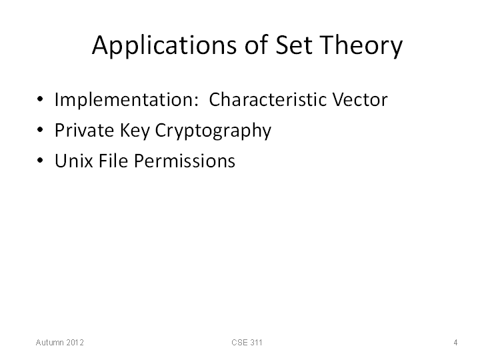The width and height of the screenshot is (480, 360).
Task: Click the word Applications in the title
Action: [x=165, y=45]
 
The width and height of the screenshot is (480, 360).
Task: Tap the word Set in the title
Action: [x=294, y=45]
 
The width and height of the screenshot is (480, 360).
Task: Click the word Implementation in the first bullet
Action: [x=127, y=99]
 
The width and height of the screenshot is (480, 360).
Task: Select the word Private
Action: [x=85, y=130]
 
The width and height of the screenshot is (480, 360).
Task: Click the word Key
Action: [x=135, y=131]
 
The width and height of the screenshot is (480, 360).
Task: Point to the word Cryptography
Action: [x=213, y=131]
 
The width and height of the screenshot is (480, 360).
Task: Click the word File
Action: [x=113, y=161]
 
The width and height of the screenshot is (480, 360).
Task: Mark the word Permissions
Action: [x=185, y=161]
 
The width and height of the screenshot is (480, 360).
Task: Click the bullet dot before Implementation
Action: [x=40, y=99]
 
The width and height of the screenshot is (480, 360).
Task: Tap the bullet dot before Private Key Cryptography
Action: [x=40, y=129]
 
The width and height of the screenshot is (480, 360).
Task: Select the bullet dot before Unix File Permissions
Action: [x=40, y=160]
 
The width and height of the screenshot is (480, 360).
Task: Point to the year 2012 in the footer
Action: [x=75, y=342]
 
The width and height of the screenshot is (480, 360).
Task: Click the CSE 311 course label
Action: [x=247, y=342]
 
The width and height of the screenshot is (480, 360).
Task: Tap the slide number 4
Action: [x=455, y=342]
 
